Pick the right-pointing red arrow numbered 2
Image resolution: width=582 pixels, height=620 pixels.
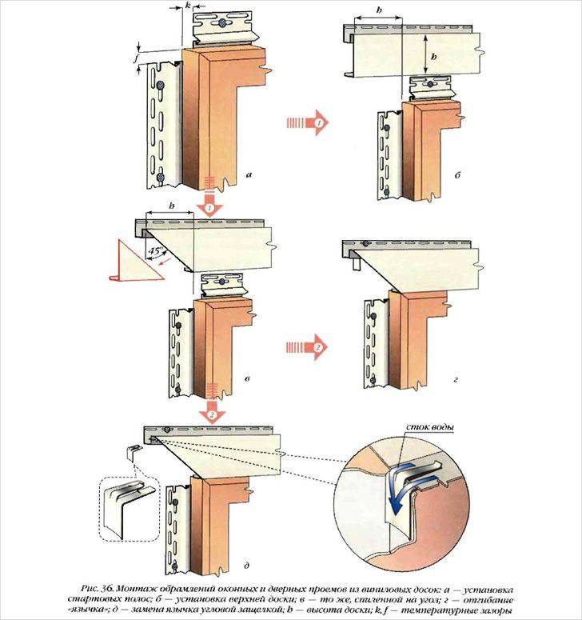coord(307,348)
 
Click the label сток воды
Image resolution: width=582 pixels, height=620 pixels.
coord(431,429)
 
